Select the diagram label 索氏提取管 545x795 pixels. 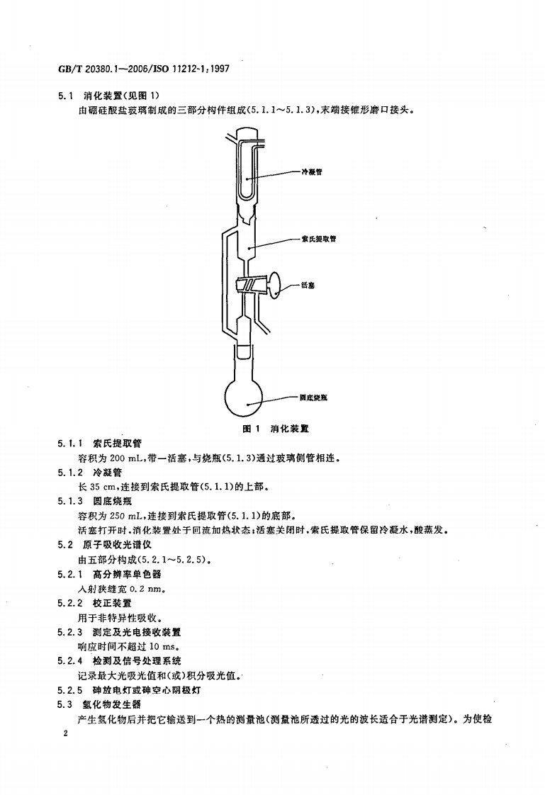(x=323, y=239)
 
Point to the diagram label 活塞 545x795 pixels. (x=308, y=285)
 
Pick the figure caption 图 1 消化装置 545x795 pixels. (x=276, y=429)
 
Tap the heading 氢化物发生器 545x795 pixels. (x=112, y=704)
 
